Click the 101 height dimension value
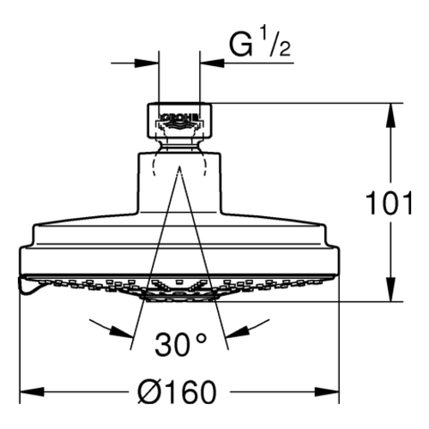click(x=390, y=203)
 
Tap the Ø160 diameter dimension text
click(x=177, y=392)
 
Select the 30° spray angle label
click(x=180, y=344)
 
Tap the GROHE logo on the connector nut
click(x=179, y=118)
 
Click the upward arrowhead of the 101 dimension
click(x=390, y=114)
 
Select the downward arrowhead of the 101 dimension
click(x=390, y=289)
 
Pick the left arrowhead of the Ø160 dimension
click(x=32, y=392)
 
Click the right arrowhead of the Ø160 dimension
click(x=327, y=392)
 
